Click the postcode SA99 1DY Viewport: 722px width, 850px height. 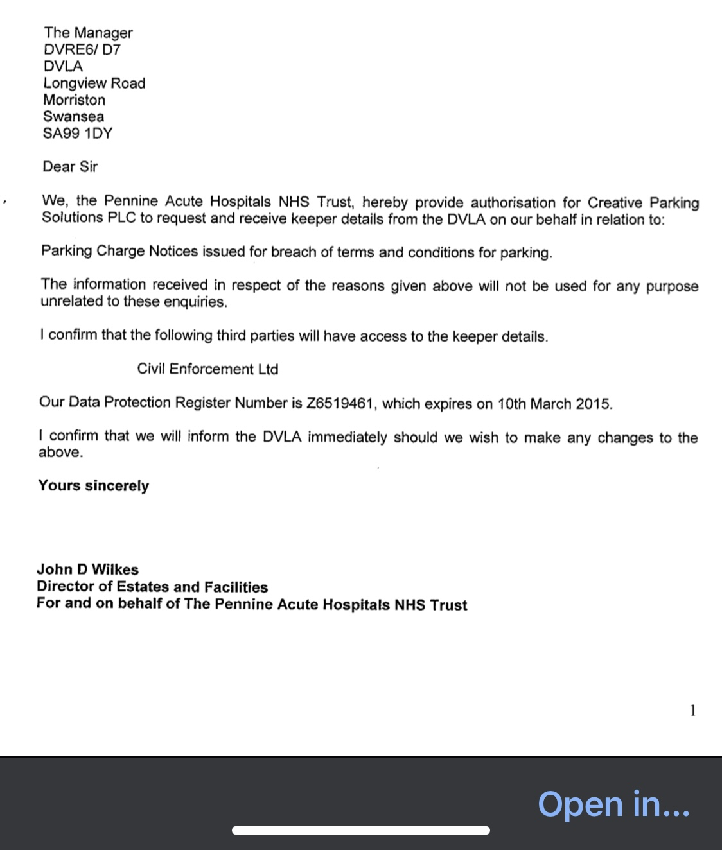[x=78, y=134]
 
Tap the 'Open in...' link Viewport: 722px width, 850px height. [x=613, y=804]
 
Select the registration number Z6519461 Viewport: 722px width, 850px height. [x=340, y=404]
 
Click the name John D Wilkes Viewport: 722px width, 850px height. [x=87, y=569]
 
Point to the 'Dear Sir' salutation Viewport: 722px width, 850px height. [x=70, y=167]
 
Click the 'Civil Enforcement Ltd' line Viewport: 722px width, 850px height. [x=207, y=369]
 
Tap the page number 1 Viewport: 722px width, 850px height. [x=692, y=710]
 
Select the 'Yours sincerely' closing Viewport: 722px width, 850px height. [x=93, y=486]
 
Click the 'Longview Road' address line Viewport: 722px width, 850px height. [x=94, y=83]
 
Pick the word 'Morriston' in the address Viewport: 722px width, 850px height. [x=74, y=100]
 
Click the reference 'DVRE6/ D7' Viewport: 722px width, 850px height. [x=82, y=50]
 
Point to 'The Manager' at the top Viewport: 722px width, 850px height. [x=88, y=33]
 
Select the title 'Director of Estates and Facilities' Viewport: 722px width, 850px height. [x=152, y=587]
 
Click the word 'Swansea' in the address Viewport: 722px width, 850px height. [x=73, y=117]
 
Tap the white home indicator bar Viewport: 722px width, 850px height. [x=360, y=830]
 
